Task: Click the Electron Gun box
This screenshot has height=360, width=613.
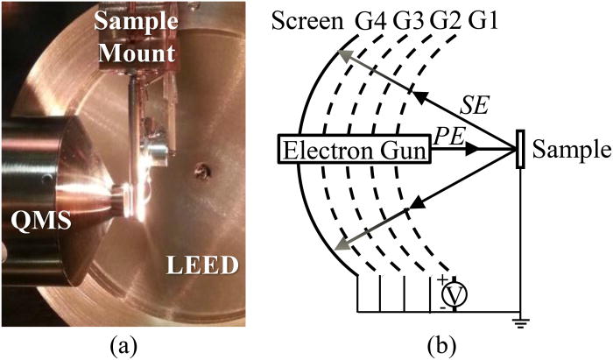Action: [354, 151]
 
